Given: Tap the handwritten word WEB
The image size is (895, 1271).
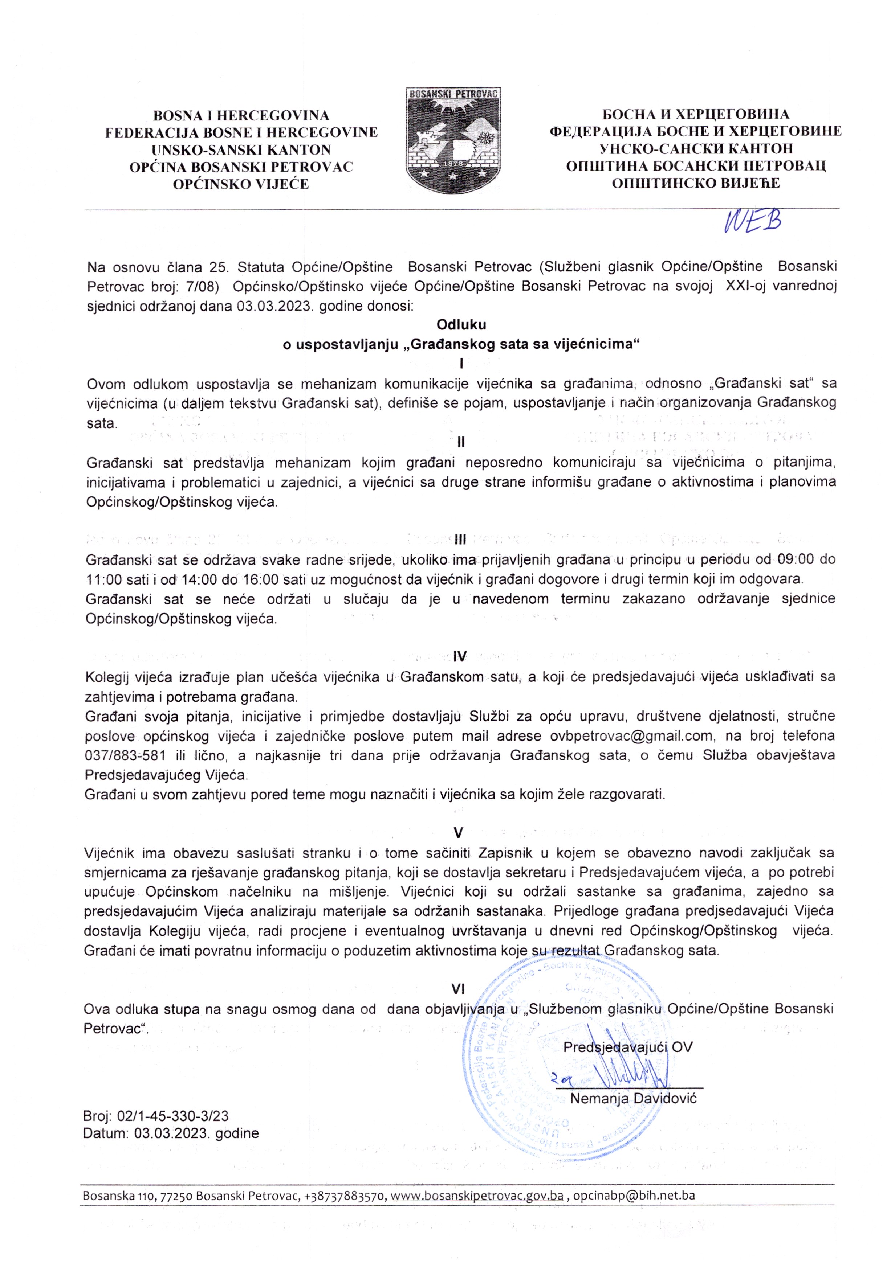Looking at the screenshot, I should [752, 222].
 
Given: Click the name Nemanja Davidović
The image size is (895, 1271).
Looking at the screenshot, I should [633, 1099].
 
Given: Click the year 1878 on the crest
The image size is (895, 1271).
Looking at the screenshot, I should [453, 164].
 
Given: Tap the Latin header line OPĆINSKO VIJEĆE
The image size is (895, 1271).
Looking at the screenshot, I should [241, 184].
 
